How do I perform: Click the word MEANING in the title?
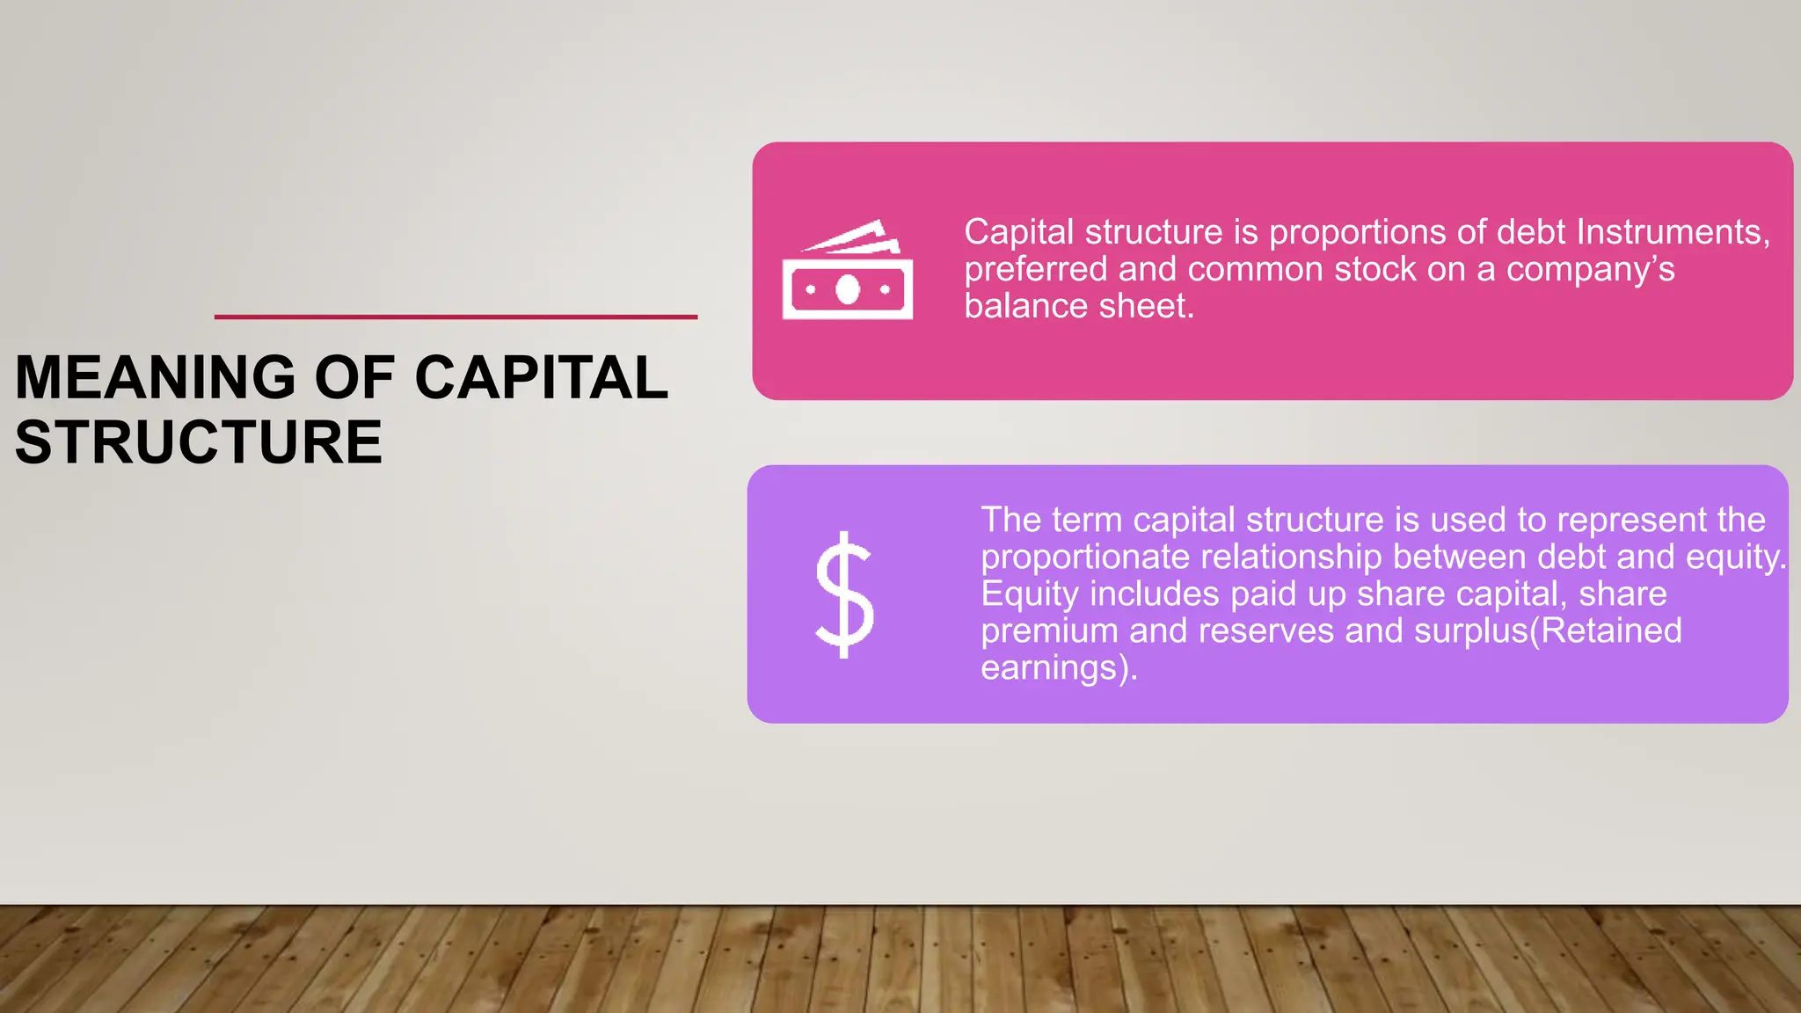155,377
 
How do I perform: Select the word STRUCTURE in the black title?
199,441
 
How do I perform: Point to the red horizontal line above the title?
456,317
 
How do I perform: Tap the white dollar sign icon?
844,594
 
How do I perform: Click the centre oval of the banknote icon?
848,289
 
